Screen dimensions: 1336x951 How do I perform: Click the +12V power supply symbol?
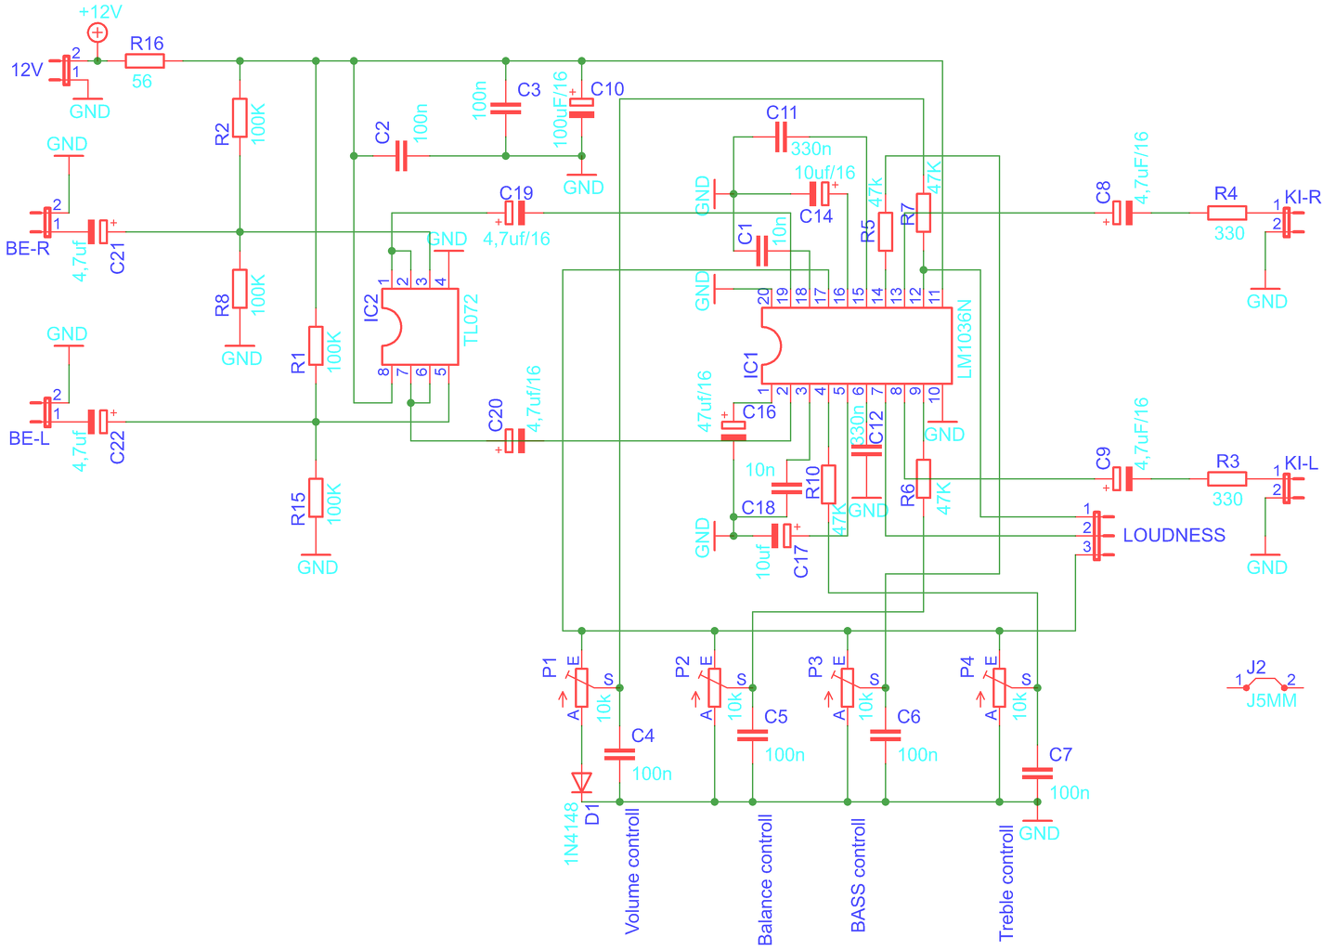click(97, 33)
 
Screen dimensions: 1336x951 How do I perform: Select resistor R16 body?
click(145, 61)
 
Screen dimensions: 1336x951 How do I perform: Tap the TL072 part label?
click(472, 319)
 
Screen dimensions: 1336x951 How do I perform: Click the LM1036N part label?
click(965, 339)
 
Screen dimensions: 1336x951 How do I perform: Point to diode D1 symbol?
click(581, 782)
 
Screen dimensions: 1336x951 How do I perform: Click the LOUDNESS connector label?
click(1174, 535)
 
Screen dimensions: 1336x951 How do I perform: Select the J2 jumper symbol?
click(1265, 684)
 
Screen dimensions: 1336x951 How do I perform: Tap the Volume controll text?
click(632, 871)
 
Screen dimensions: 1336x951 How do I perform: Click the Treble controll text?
click(1006, 883)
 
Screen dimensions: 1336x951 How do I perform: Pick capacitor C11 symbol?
click(782, 137)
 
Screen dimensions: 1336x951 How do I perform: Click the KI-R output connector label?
click(1303, 197)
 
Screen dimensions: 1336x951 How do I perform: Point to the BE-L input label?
click(29, 438)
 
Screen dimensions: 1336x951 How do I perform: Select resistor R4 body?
click(1226, 213)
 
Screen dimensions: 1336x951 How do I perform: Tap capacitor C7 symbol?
click(1037, 774)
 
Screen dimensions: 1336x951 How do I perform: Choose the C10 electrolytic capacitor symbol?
click(581, 108)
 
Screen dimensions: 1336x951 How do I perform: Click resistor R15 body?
click(316, 498)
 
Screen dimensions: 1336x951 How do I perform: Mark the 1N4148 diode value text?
click(571, 833)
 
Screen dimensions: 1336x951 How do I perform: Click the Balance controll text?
click(765, 879)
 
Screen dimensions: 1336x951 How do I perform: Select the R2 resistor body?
click(240, 118)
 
